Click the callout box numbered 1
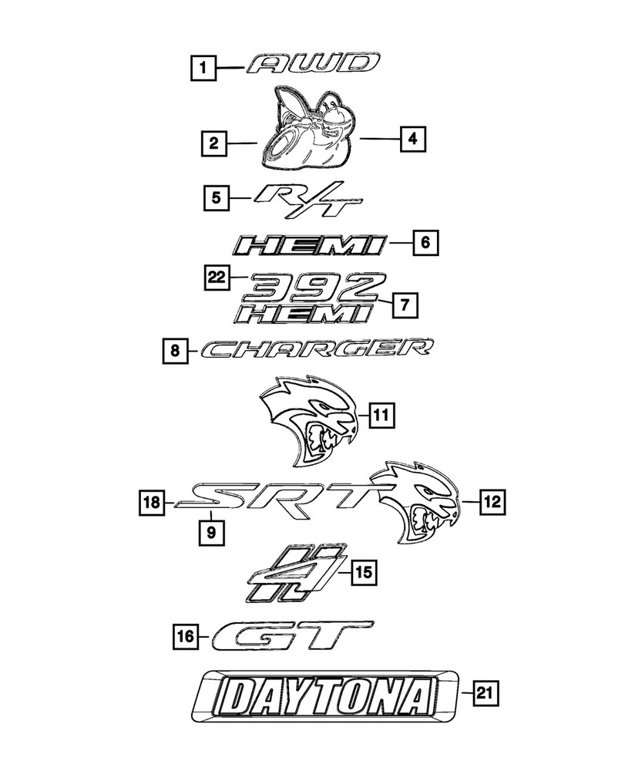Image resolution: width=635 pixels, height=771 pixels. point(203,69)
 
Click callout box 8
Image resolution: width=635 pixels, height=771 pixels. point(176,352)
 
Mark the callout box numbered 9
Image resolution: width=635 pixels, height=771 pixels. point(210,530)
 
